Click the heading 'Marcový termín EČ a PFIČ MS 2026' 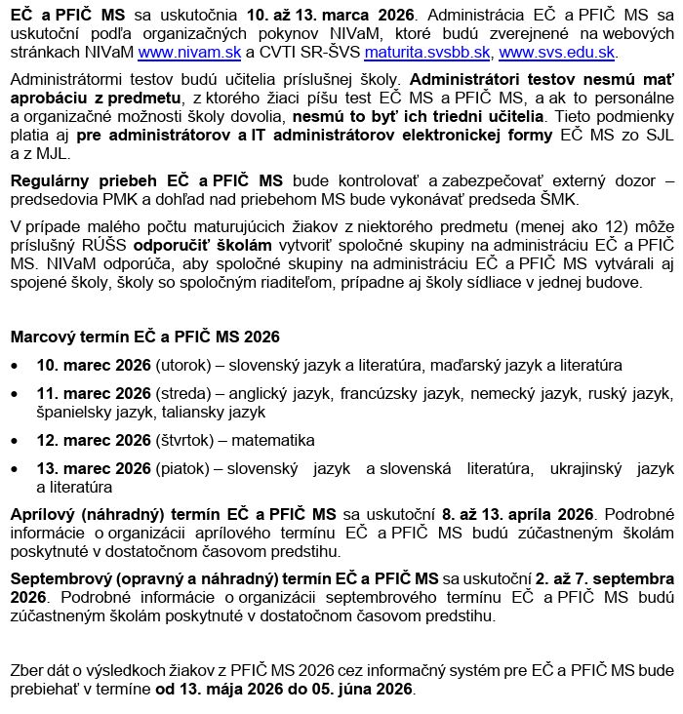(x=144, y=337)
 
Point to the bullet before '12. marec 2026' (x=15, y=441)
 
